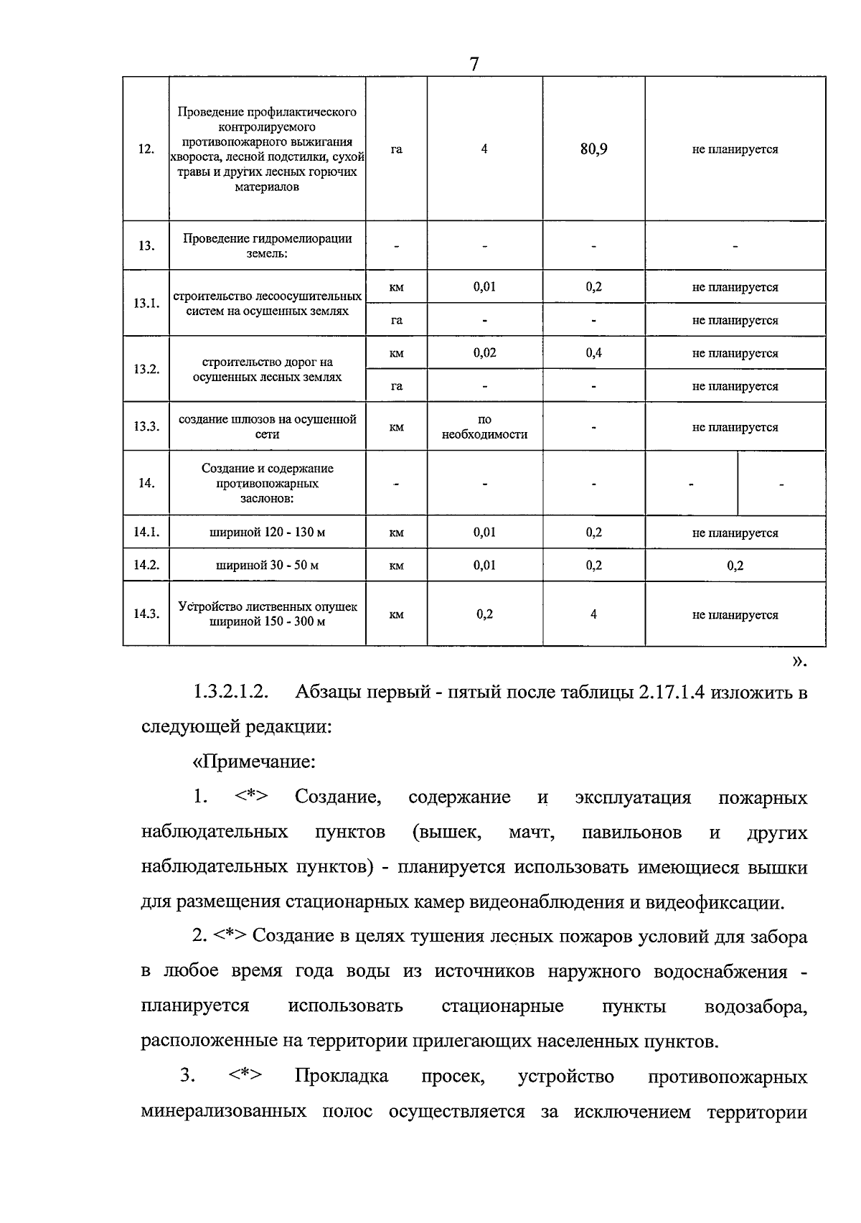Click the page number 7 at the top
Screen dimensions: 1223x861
474,64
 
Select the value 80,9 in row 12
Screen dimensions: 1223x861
593,149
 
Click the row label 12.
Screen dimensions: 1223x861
146,149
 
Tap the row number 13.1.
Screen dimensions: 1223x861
146,303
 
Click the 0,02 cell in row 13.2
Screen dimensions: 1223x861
484,353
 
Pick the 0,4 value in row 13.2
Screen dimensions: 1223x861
593,353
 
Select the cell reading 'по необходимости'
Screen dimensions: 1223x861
484,427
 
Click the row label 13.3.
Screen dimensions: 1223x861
146,426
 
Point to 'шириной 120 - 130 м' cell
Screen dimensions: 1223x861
267,533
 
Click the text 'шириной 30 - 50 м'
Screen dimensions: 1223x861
267,566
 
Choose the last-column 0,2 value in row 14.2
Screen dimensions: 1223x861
735,566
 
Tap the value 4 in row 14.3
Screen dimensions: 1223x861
593,614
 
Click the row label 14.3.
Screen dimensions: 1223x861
146,614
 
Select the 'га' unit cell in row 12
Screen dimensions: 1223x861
396,149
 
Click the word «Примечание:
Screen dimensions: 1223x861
255,761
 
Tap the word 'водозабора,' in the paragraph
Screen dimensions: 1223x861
756,1006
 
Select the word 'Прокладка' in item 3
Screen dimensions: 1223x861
342,1077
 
